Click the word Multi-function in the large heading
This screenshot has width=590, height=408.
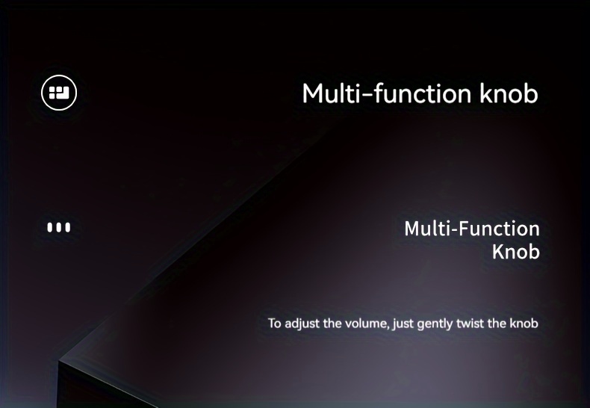(386, 93)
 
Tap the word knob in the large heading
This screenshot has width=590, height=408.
(509, 93)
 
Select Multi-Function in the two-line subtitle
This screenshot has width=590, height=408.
(472, 229)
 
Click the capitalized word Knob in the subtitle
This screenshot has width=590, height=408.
(516, 251)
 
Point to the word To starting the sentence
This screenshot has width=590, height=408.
(274, 324)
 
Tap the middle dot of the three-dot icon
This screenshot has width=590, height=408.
(59, 227)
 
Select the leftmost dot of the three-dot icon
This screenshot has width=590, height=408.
(50, 227)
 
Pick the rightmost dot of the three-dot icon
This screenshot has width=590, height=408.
(68, 227)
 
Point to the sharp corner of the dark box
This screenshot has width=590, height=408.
(59, 361)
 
